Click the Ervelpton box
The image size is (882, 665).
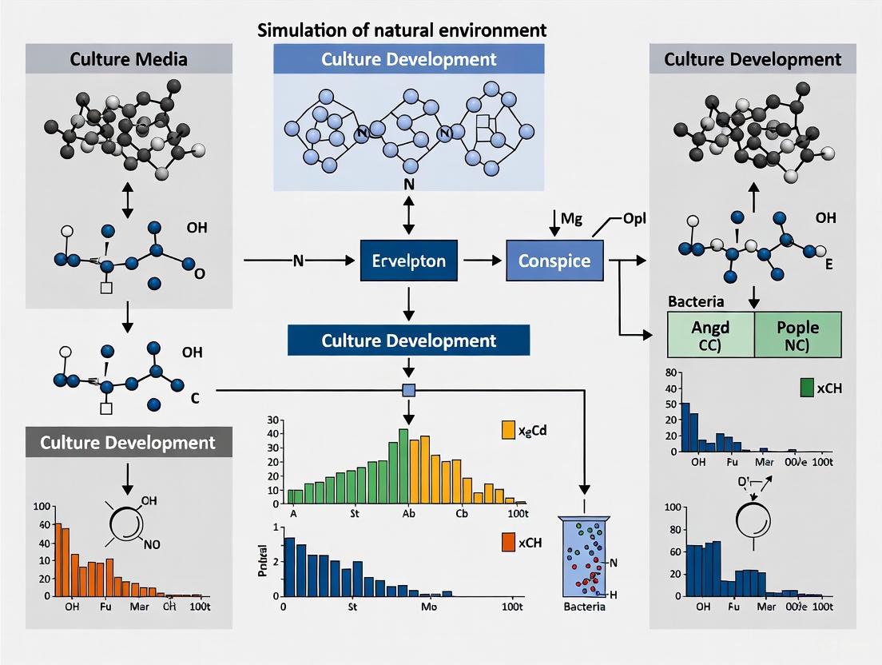click(408, 261)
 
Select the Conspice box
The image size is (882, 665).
click(554, 261)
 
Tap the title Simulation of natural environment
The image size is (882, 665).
click(402, 30)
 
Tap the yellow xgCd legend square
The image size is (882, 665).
click(508, 430)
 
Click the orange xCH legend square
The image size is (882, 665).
click(508, 542)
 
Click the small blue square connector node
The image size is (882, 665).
click(408, 390)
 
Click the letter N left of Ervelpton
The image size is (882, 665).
click(299, 261)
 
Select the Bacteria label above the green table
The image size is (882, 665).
click(696, 302)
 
